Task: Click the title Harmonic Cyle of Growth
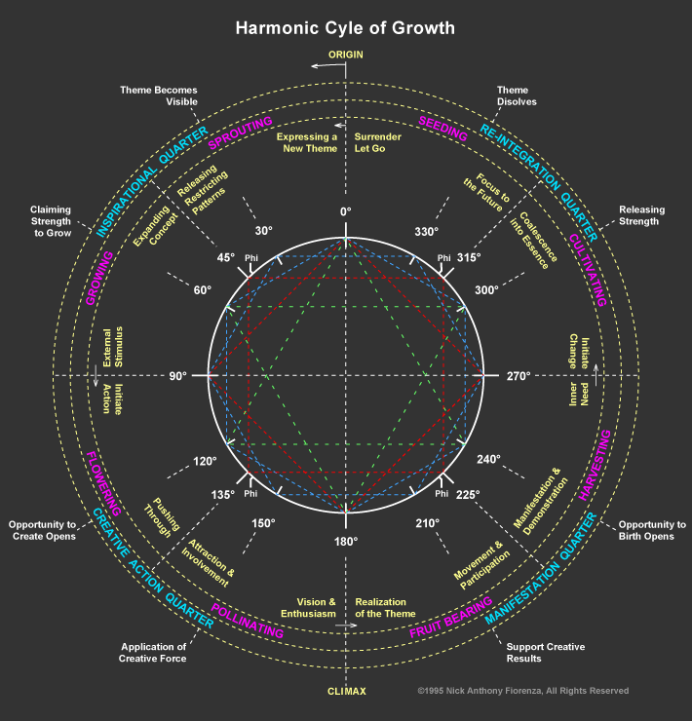[345, 27]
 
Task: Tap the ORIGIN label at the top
[345, 54]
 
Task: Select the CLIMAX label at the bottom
[346, 692]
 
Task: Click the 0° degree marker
[345, 211]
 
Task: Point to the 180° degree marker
[346, 541]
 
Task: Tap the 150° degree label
[263, 523]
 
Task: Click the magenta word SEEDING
[443, 129]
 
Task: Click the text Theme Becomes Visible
[159, 95]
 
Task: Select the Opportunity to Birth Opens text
[652, 530]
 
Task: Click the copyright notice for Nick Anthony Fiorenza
[522, 691]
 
